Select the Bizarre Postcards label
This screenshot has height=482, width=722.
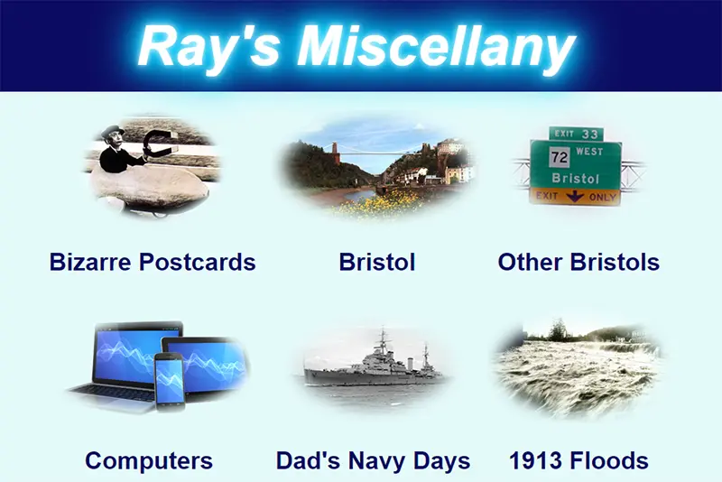(x=153, y=262)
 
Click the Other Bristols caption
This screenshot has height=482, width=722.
(x=579, y=262)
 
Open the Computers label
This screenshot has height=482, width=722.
(x=149, y=461)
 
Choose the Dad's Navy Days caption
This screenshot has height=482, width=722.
(x=373, y=461)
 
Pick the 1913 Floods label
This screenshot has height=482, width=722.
(x=579, y=461)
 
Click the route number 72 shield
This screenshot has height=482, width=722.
(x=560, y=157)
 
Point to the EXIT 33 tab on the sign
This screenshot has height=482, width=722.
(x=576, y=134)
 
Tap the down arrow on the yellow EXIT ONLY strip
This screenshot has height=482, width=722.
(x=575, y=197)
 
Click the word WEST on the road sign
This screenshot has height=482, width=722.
(x=589, y=152)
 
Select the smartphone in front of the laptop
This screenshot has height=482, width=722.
(x=170, y=382)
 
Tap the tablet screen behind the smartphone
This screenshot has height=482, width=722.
(x=209, y=364)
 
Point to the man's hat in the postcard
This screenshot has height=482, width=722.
(x=112, y=130)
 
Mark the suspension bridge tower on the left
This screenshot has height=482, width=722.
(x=336, y=153)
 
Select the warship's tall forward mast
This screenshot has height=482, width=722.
(x=383, y=342)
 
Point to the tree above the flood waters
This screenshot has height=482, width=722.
(x=558, y=329)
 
